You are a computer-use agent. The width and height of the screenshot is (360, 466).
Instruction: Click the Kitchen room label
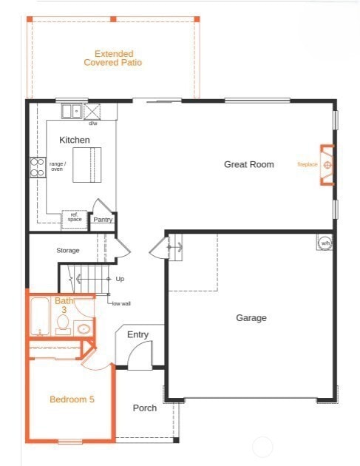pyautogui.click(x=75, y=140)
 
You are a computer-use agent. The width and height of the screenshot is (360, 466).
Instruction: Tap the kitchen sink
pyautogui.click(x=72, y=112)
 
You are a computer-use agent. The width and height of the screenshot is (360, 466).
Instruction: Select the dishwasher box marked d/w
pyautogui.click(x=93, y=112)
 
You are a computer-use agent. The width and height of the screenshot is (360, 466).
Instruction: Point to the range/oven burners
pyautogui.click(x=37, y=167)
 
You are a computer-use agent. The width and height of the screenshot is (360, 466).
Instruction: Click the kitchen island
pyautogui.click(x=87, y=163)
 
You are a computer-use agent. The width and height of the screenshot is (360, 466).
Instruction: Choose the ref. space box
pyautogui.click(x=74, y=217)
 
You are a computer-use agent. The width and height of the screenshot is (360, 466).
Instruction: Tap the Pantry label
pyautogui.click(x=102, y=219)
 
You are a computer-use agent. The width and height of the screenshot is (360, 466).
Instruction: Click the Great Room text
pyautogui.click(x=248, y=164)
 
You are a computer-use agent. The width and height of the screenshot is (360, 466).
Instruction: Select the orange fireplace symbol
pyautogui.click(x=327, y=164)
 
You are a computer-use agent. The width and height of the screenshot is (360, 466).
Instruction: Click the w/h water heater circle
pyautogui.click(x=325, y=243)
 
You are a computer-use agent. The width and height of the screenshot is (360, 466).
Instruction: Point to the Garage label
pyautogui.click(x=251, y=318)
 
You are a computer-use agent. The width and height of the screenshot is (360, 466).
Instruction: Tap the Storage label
pyautogui.click(x=67, y=251)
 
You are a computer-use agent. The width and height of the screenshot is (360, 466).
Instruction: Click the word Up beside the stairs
pyautogui.click(x=120, y=279)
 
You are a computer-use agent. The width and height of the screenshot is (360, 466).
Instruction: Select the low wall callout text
pyautogui.click(x=121, y=304)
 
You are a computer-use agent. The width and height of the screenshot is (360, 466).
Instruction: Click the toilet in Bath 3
pyautogui.click(x=63, y=330)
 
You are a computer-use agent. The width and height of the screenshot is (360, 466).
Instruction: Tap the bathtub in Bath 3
pyautogui.click(x=39, y=316)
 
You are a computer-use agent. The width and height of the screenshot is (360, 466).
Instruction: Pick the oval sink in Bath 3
pyautogui.click(x=84, y=328)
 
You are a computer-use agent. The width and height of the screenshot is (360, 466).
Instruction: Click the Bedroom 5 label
pyautogui.click(x=72, y=399)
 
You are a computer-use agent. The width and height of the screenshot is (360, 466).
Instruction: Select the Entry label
pyautogui.click(x=137, y=335)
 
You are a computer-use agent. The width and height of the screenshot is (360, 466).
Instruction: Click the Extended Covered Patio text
pyautogui.click(x=113, y=58)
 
